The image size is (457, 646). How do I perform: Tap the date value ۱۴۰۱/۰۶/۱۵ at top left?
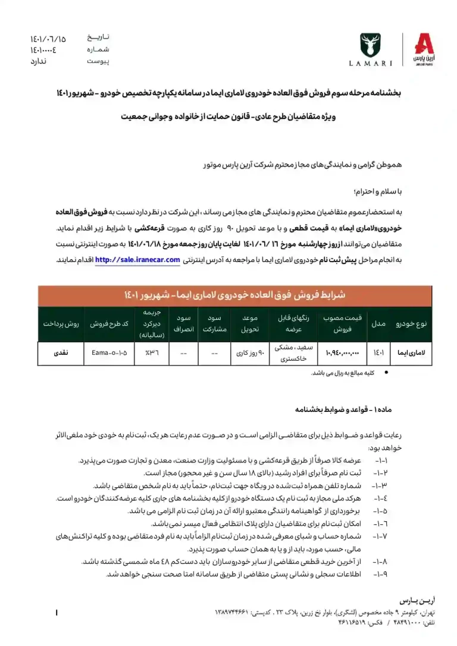[49, 39]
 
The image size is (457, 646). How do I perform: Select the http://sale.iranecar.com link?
[137, 260]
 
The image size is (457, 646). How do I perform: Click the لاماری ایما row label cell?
[412, 353]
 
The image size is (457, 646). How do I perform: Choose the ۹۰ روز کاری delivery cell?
[247, 353]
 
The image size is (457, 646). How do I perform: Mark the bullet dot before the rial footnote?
[387, 372]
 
